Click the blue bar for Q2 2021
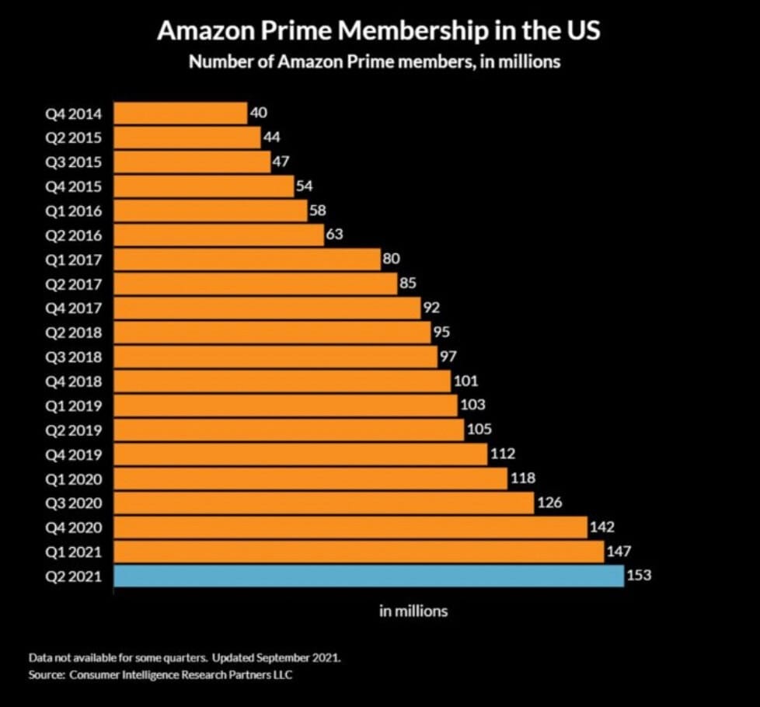point(368,576)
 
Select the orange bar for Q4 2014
point(180,113)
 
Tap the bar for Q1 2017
point(247,259)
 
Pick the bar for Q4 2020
point(350,528)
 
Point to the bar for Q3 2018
point(275,357)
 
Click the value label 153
point(638,576)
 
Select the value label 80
point(391,259)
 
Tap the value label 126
point(549,503)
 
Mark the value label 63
point(334,235)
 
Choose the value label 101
point(465,381)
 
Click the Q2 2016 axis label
point(74,235)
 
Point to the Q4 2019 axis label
point(74,454)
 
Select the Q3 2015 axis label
point(74,162)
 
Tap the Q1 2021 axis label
point(74,552)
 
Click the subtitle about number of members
point(375,62)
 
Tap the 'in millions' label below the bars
point(413,611)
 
